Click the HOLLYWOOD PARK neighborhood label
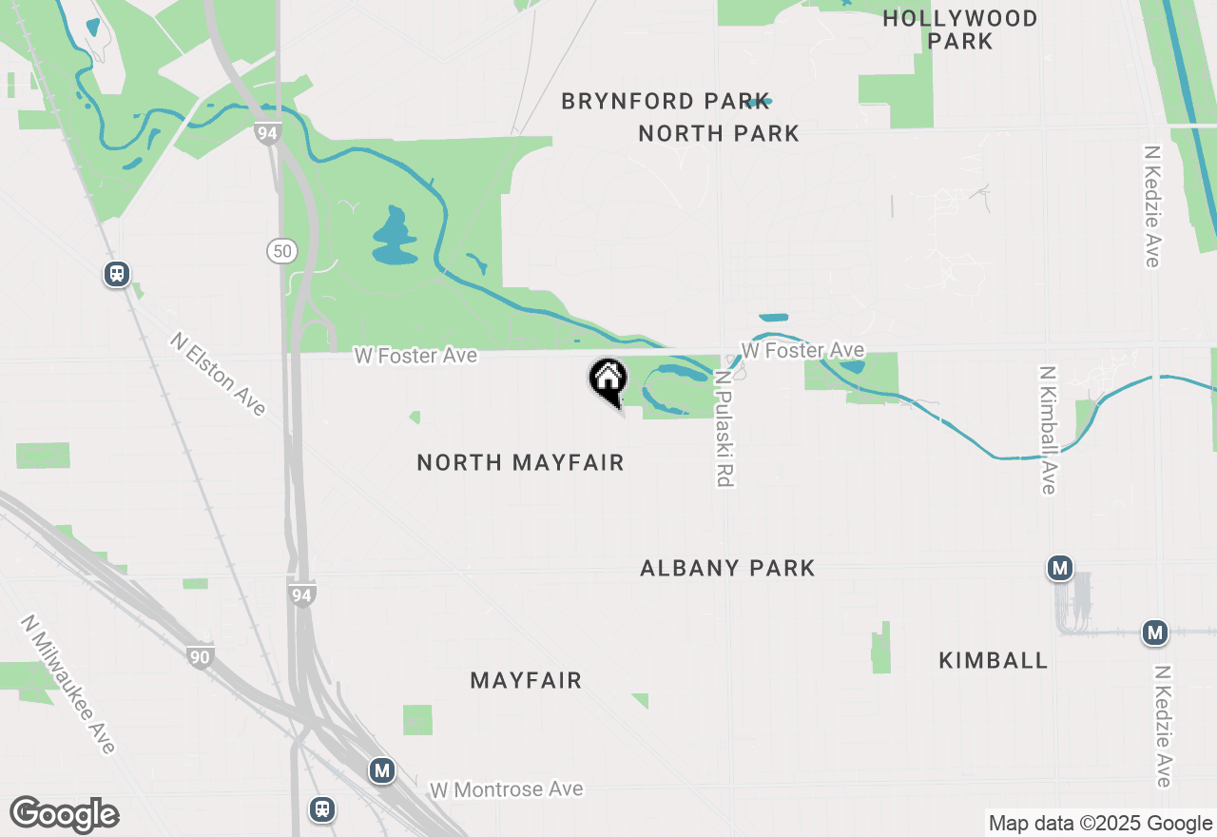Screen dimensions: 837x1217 click(960, 29)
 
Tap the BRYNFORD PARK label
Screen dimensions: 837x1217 click(651, 101)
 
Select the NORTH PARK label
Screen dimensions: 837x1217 click(719, 133)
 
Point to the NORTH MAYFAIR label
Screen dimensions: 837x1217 click(520, 462)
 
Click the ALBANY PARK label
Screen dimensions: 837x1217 click(727, 568)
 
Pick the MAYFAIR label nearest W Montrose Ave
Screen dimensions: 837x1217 click(526, 680)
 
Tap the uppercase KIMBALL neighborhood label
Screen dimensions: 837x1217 click(993, 660)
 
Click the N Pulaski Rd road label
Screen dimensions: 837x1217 click(724, 429)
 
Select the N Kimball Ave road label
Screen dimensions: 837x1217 click(1048, 430)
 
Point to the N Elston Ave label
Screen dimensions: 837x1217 click(219, 374)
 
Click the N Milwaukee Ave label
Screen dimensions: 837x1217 click(68, 685)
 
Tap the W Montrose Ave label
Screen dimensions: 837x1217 click(506, 790)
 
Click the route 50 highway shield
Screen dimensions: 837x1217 click(281, 251)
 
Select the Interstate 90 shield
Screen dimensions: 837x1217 click(200, 656)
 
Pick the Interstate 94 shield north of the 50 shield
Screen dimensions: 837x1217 click(267, 134)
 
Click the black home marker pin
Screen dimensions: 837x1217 click(608, 380)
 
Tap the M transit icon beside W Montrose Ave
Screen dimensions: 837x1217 click(382, 769)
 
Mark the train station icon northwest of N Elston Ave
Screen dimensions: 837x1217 click(117, 274)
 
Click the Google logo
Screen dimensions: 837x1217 click(64, 815)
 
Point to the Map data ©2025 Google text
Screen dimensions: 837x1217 click(1100, 824)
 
